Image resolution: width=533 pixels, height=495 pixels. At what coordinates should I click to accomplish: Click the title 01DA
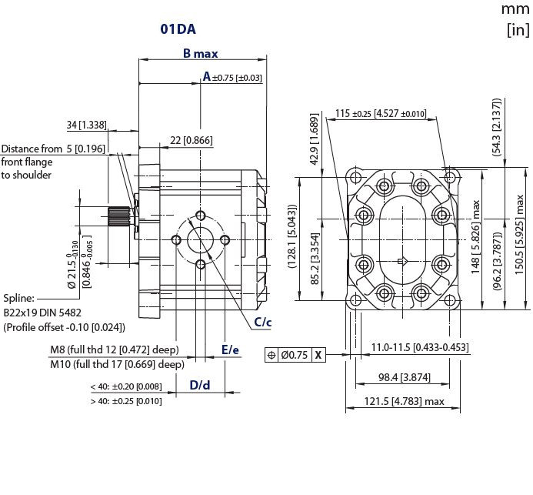[x=178, y=29]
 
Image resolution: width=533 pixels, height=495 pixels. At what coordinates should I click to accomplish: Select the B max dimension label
[x=200, y=53]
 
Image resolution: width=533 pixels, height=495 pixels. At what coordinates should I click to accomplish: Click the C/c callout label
[x=263, y=322]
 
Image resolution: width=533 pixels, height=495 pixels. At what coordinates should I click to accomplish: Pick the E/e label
[x=230, y=350]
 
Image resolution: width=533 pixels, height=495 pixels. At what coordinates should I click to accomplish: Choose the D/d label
[x=200, y=384]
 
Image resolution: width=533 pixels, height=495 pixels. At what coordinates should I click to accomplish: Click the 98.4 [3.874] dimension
[x=403, y=378]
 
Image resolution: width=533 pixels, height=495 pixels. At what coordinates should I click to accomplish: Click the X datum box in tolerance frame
[x=318, y=356]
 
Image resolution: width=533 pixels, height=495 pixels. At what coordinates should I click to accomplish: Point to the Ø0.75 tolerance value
[x=295, y=356]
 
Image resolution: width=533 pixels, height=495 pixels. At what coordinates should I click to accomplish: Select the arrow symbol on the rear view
[x=401, y=263]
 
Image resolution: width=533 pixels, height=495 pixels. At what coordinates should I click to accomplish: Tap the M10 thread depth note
[x=117, y=364]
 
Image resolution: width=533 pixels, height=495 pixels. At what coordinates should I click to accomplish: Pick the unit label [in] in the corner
[x=518, y=31]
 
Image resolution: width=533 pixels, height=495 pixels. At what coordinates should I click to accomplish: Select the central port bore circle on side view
[x=201, y=239]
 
